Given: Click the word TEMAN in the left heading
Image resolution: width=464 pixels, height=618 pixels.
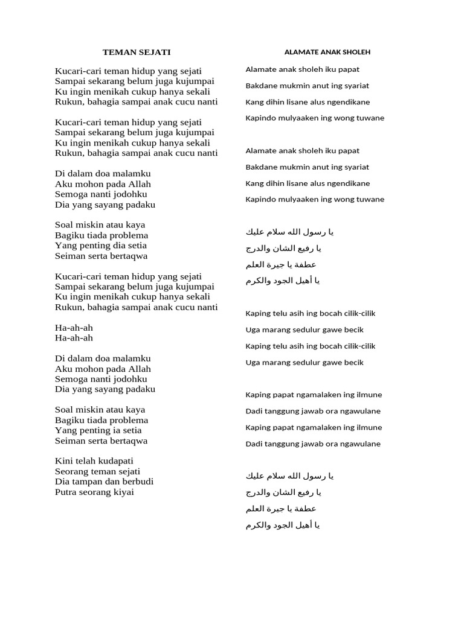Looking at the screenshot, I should (117, 53).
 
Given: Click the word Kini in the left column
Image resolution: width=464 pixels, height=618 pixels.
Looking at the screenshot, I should (64, 461).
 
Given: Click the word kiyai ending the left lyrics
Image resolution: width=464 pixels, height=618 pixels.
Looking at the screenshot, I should (123, 492).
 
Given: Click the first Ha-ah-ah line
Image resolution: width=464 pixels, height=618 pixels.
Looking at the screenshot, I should (74, 328).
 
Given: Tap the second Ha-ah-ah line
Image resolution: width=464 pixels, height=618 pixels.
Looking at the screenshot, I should (74, 338).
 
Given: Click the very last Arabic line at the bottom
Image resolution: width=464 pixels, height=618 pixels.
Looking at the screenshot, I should (283, 525).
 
